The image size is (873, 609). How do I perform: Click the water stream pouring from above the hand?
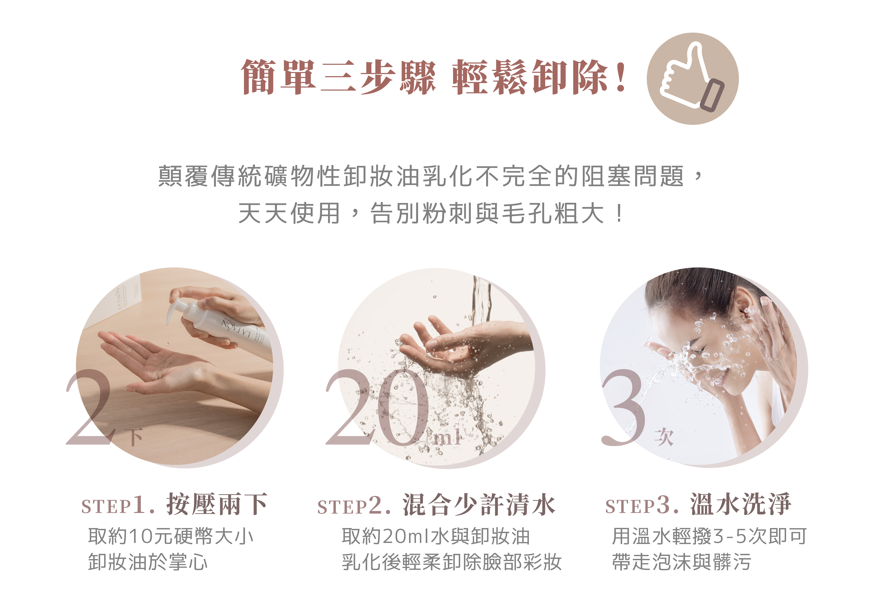[481, 301]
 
